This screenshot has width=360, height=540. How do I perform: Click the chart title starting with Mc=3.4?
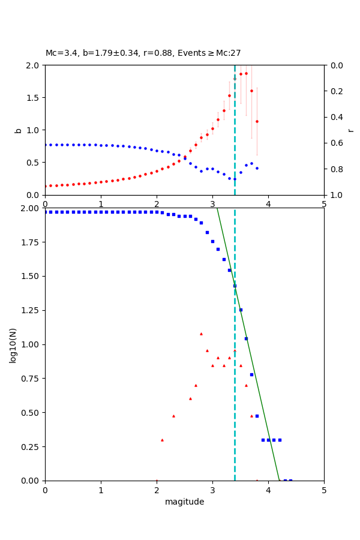(143, 53)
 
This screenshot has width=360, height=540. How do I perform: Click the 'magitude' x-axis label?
(184, 502)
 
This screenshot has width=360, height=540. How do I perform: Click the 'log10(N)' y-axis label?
(13, 344)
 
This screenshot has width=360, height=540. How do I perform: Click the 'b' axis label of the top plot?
(18, 130)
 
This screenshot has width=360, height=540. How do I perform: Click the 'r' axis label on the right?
(351, 130)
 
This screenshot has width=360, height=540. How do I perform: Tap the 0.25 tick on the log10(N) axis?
(31, 446)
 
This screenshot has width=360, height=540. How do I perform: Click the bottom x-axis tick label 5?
(324, 490)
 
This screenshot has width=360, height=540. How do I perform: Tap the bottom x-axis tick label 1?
(101, 490)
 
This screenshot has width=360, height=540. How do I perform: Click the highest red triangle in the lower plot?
(201, 334)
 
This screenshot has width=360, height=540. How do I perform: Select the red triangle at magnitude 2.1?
(162, 440)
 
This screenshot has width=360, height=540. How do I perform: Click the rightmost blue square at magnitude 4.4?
(290, 480)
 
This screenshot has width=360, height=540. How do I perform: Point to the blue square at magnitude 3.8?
(257, 416)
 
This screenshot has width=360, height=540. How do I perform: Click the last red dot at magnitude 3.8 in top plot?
(257, 121)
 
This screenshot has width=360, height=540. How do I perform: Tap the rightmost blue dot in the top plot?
(257, 168)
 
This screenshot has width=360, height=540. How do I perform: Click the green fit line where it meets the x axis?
(279, 480)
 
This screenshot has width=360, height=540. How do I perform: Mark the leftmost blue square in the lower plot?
(46, 212)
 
